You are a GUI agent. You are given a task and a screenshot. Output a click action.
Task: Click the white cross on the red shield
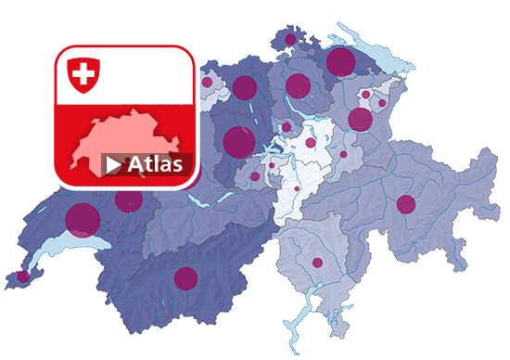83,73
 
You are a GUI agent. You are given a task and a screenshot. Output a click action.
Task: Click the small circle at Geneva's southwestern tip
23,276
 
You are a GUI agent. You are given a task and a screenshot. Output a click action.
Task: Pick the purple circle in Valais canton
185,277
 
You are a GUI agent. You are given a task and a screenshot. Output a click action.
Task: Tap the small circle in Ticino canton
317,263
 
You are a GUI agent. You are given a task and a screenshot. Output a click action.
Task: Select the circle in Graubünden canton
405,204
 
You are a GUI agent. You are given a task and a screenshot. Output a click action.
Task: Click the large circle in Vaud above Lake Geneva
83,219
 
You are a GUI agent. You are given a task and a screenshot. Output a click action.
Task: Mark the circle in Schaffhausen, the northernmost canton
290,40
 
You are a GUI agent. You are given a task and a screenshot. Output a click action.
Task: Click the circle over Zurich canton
297,86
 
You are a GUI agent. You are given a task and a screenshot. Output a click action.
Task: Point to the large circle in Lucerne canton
238,141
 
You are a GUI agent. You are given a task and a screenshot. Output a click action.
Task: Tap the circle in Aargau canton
244,88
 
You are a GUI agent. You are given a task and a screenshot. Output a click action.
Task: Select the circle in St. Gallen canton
360,120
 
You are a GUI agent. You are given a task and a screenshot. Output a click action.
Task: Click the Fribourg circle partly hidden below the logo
129,199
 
